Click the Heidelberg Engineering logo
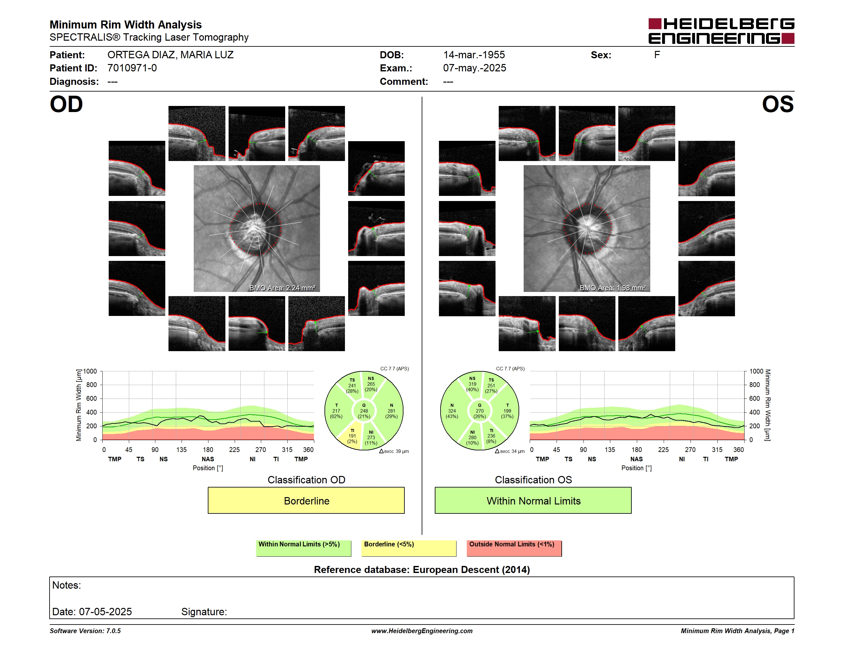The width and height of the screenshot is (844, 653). coord(721,31)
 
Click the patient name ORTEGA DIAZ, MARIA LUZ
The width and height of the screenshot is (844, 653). coord(170,55)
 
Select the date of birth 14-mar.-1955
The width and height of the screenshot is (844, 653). coord(474,55)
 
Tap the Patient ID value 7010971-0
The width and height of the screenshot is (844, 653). coord(132,68)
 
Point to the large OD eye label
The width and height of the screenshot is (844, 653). coord(66,104)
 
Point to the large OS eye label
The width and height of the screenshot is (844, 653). coord(778,104)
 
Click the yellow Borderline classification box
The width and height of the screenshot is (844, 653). coord(306,501)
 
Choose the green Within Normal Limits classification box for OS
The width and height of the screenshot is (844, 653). coord(533,501)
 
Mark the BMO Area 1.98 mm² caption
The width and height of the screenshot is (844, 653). coord(612,288)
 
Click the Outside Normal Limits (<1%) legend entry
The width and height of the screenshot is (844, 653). coord(514,548)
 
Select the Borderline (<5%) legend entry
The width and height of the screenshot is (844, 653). coord(409,548)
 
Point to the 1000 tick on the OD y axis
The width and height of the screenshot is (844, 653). coord(90,371)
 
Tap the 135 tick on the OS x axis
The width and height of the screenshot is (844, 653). coord(610,449)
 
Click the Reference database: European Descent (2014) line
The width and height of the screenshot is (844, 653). coord(422,569)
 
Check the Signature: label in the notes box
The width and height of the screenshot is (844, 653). coord(204,612)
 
